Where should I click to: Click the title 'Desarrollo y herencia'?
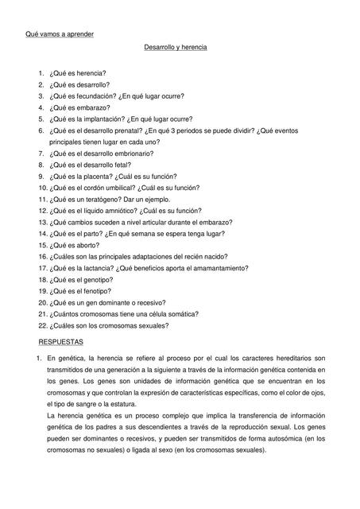(175, 49)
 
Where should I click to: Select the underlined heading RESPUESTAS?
(61, 340)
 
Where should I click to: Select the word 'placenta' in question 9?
(95, 177)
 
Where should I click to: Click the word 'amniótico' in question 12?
(118, 212)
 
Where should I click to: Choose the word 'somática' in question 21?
(175, 315)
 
